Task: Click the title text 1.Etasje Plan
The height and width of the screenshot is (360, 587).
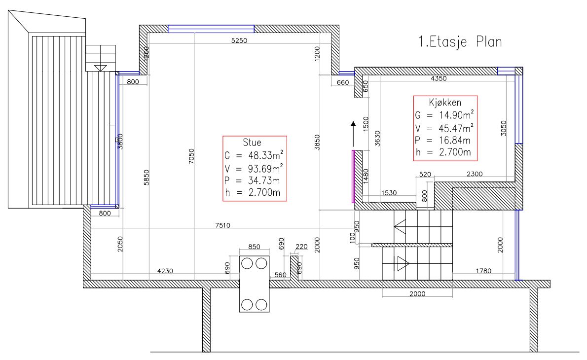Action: tap(460, 41)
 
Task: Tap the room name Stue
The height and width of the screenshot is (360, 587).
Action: tap(252, 143)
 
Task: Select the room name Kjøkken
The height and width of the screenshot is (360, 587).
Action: tap(445, 103)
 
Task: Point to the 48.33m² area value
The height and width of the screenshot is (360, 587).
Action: tap(265, 155)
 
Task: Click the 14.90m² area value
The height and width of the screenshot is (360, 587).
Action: tap(456, 115)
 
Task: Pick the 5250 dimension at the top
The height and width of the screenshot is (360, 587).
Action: tap(239, 40)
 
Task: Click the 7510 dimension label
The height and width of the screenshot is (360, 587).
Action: tap(223, 225)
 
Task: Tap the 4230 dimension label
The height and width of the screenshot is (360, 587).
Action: tap(165, 271)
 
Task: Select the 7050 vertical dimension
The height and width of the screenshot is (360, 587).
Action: tap(191, 156)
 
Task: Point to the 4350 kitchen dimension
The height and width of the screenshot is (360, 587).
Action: tap(439, 78)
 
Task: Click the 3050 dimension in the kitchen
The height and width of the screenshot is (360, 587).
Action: tap(504, 128)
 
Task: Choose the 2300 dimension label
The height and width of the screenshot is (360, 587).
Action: tap(475, 174)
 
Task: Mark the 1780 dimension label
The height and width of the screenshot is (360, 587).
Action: tap(483, 271)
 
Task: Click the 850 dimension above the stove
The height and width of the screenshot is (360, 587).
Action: tap(254, 247)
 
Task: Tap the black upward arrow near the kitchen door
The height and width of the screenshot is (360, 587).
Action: tap(353, 134)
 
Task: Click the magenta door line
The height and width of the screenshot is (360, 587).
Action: tap(353, 176)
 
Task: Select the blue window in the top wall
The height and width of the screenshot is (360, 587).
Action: tap(211, 29)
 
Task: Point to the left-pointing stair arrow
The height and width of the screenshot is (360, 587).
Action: tap(400, 227)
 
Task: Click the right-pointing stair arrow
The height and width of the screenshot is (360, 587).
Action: tap(403, 263)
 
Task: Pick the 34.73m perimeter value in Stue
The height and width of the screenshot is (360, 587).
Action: tap(264, 181)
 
